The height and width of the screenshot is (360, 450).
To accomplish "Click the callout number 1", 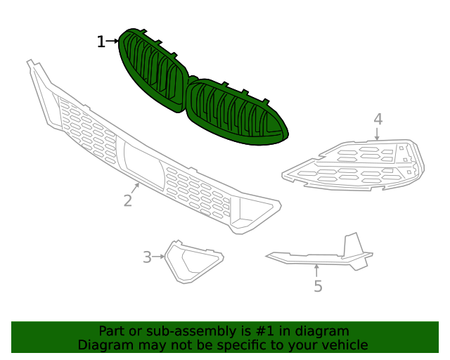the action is tap(101, 42).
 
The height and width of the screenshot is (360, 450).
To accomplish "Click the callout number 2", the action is tap(127, 200).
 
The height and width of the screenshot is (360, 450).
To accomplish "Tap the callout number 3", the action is tap(147, 257).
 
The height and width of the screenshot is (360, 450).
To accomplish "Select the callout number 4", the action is tap(378, 119).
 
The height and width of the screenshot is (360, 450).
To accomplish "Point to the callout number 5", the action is tap(318, 286).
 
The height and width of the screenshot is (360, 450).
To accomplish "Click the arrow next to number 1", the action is tap(112, 42).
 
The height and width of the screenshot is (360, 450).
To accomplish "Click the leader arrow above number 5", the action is tap(316, 270).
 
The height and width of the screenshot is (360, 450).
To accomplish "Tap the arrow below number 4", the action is tap(378, 134).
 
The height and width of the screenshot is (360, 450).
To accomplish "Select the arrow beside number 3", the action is tap(160, 257).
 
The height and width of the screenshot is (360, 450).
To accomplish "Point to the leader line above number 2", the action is tap(135, 188).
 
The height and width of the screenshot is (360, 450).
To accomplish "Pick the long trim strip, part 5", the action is tap(309, 259).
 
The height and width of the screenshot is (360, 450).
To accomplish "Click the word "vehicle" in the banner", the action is tap(344, 345).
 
